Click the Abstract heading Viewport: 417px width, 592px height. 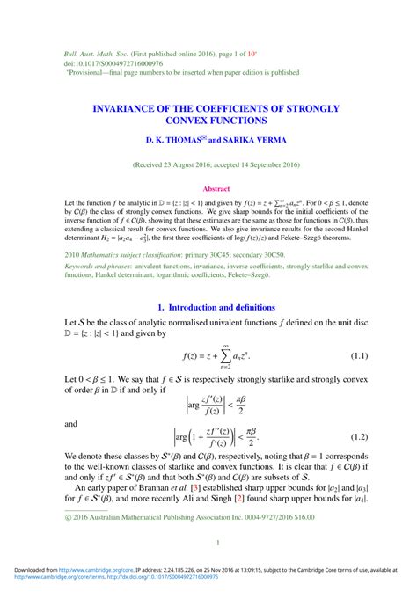[216, 188]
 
